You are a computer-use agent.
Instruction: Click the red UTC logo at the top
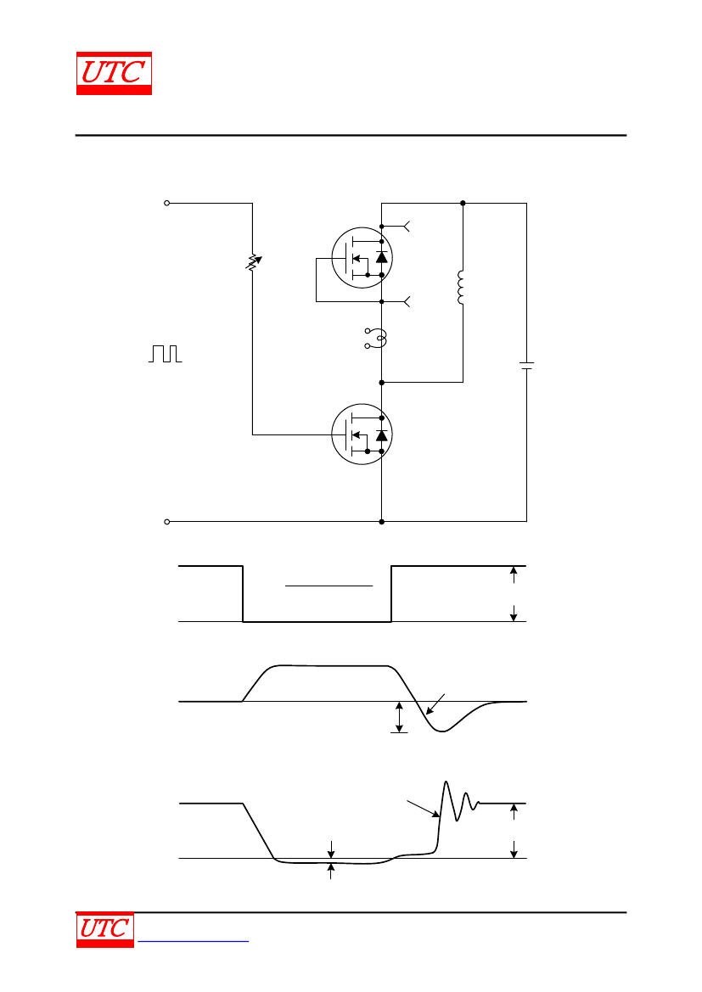coord(114,73)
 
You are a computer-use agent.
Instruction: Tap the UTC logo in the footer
coord(105,929)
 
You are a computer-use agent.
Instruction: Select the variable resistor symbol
coord(253,262)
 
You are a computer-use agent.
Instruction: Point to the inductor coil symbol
coord(461,288)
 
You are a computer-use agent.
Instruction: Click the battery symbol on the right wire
coord(526,367)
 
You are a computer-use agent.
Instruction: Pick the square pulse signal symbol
coord(166,354)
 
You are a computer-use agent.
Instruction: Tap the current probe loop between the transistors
coord(377,339)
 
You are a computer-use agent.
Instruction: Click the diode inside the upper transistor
coord(381,257)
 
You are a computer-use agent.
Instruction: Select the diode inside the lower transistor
coord(381,435)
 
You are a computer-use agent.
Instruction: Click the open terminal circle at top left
coord(167,203)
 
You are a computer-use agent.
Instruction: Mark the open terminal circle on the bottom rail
coord(167,522)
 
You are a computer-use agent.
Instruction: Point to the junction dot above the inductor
coord(463,203)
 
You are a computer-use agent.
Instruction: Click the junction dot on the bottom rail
coord(382,522)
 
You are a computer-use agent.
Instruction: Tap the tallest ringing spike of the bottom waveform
coord(446,782)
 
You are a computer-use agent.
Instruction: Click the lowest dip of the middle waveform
coord(442,731)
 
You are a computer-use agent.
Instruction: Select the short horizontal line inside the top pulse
coord(329,586)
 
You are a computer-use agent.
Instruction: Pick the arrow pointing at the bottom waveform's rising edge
coord(423,809)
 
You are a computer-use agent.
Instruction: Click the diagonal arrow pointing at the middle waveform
coord(435,704)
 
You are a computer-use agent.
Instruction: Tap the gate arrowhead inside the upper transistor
coord(356,257)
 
